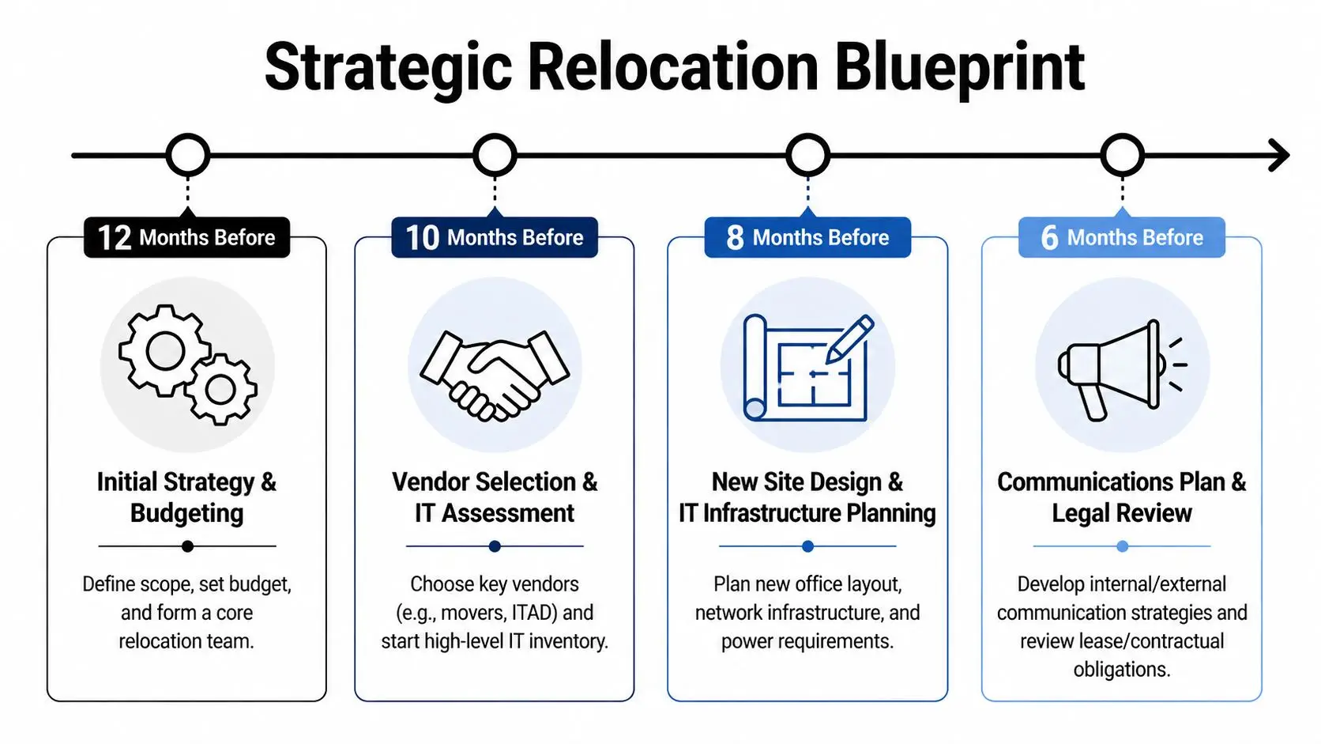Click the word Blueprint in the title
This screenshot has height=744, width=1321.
coord(959,68)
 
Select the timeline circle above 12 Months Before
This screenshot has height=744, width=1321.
coord(188,155)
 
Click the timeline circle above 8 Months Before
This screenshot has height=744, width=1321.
coord(807,155)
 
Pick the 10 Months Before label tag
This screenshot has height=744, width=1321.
coord(495,237)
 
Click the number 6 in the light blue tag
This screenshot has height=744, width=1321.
coord(1049,237)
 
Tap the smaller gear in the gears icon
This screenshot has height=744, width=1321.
coord(220,390)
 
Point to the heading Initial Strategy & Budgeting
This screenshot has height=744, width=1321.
coord(186,497)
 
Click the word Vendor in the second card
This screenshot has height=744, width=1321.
coord(431,482)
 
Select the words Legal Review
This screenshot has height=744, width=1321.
coord(1121,513)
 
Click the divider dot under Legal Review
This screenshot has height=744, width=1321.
coord(1122,546)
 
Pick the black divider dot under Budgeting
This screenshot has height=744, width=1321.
coord(187,546)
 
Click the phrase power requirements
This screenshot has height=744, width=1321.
coord(807,641)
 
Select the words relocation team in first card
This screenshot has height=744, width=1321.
coord(186,641)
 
